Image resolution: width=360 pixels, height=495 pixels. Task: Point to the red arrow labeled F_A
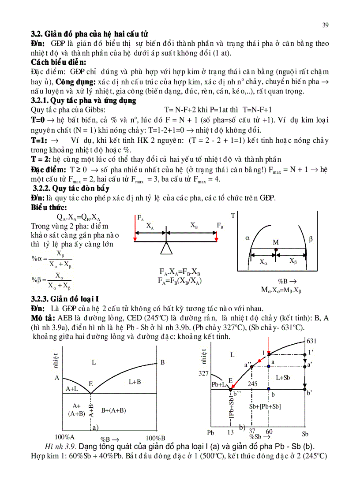coord(135,229)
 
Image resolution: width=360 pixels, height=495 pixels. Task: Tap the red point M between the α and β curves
coord(276,249)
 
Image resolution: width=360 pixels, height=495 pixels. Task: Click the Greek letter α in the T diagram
coord(247,238)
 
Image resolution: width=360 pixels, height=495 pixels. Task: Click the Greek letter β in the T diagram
coord(311,239)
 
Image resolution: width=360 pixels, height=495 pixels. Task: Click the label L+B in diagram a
coord(135,382)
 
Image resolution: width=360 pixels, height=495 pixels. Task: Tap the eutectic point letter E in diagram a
coord(90,384)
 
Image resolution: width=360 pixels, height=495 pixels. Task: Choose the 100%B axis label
coord(155,438)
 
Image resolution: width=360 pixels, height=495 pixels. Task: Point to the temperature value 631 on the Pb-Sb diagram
coord(311,341)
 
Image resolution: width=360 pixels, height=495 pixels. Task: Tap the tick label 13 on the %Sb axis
coord(230,432)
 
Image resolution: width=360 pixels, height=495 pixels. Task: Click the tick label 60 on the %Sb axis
coord(269,431)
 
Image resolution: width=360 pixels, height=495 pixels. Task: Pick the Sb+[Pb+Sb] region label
coord(265,406)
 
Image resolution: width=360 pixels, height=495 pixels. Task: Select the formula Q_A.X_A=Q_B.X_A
coord(79,218)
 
